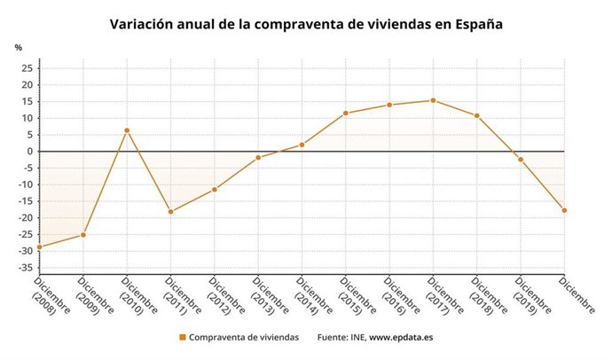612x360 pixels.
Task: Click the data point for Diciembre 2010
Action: click(x=127, y=130)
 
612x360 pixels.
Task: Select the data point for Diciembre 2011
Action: click(x=170, y=212)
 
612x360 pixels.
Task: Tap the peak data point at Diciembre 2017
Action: click(x=433, y=100)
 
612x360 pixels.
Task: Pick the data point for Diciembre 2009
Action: click(x=83, y=234)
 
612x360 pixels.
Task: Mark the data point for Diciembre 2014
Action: click(x=302, y=145)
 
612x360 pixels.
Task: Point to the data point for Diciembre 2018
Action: click(x=476, y=115)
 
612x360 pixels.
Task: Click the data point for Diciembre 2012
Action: click(x=214, y=190)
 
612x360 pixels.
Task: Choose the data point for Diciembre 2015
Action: click(x=345, y=113)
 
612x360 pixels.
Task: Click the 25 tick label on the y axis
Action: click(x=27, y=68)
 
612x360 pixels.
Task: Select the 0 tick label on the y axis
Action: click(x=29, y=152)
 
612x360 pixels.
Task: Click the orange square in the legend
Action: click(x=182, y=338)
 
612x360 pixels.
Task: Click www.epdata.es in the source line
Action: click(x=401, y=338)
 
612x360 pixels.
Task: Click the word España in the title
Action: click(x=476, y=24)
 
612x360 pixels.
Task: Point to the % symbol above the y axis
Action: click(x=18, y=47)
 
